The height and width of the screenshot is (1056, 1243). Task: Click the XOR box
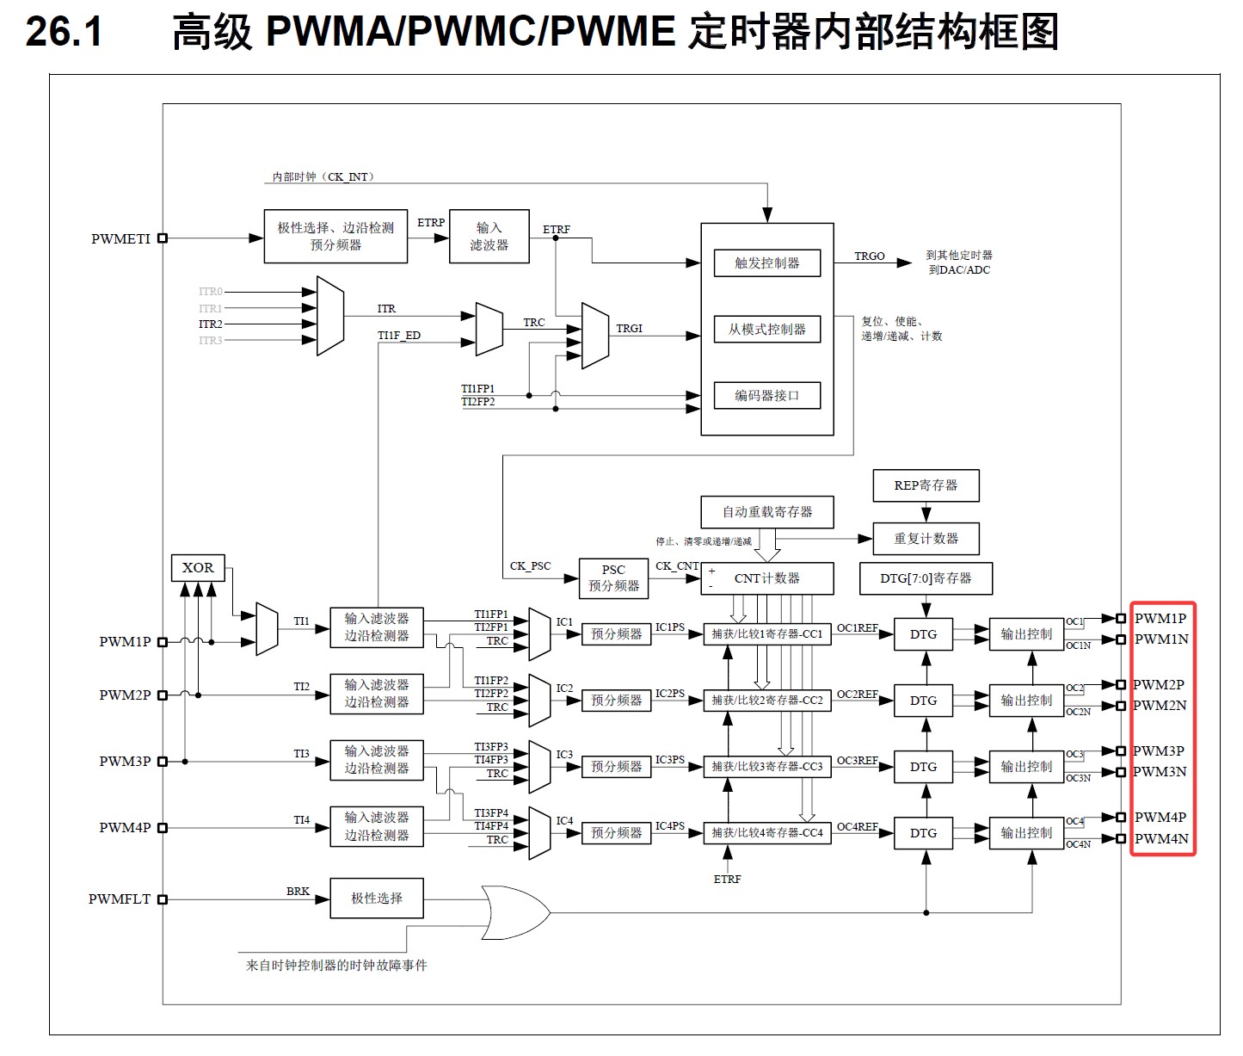(198, 568)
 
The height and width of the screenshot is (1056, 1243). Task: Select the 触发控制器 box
(766, 263)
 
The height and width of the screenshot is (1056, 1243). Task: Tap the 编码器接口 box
(766, 396)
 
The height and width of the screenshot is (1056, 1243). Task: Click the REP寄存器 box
(926, 485)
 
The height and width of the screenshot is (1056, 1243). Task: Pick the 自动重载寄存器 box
(767, 512)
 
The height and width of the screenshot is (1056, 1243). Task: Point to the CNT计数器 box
(767, 578)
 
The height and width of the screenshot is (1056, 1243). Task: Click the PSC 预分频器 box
(613, 578)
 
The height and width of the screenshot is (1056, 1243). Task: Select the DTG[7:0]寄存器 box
(926, 578)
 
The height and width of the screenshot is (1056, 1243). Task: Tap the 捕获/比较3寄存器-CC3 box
(767, 767)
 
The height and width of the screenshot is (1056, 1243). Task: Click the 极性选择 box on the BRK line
(377, 899)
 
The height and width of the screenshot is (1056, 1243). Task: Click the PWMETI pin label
(120, 239)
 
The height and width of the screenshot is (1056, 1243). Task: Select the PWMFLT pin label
(120, 899)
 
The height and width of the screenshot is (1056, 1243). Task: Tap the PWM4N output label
(1161, 839)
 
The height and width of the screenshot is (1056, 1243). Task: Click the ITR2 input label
(211, 324)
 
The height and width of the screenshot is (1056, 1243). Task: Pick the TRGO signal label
(869, 256)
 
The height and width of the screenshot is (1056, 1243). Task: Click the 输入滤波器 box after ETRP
(489, 237)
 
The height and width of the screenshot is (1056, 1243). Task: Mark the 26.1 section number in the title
(65, 33)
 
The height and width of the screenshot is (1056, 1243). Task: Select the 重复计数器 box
(926, 539)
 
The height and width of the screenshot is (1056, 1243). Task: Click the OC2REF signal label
(857, 695)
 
